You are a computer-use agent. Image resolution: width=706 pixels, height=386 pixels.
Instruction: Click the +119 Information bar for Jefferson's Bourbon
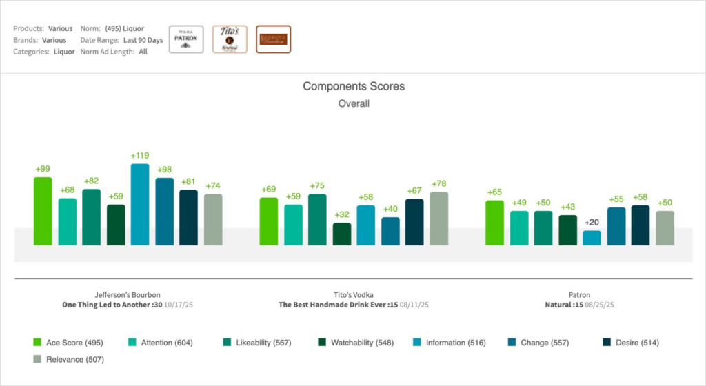coord(140,204)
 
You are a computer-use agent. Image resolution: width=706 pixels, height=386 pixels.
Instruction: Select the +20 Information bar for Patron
coord(592,238)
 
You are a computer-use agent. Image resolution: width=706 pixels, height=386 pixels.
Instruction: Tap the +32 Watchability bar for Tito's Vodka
coord(342,234)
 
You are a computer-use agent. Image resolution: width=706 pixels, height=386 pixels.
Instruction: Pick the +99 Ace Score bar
coord(43,211)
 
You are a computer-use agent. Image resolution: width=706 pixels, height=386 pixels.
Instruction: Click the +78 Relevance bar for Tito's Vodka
coord(438,219)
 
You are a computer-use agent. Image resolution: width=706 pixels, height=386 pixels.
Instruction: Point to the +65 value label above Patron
coord(494,193)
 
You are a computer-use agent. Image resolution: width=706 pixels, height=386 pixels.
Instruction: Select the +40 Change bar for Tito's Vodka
coord(390,231)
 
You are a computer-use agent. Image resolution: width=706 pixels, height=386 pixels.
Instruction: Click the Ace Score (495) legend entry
coord(68,342)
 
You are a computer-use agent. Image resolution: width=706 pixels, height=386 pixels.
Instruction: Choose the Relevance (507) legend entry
coord(68,358)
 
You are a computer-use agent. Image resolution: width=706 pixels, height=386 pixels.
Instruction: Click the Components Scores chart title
coord(354,87)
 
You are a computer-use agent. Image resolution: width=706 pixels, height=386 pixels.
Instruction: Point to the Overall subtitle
coord(354,103)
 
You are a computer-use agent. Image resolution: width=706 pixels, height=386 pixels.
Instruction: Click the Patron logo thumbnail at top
coord(186,39)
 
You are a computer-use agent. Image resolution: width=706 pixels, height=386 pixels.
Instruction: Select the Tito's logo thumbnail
coord(230,39)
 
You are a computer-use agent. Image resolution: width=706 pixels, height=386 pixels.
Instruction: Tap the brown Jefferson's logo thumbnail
coord(273,39)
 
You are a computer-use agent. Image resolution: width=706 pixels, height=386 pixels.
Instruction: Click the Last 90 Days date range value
coord(143,40)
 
